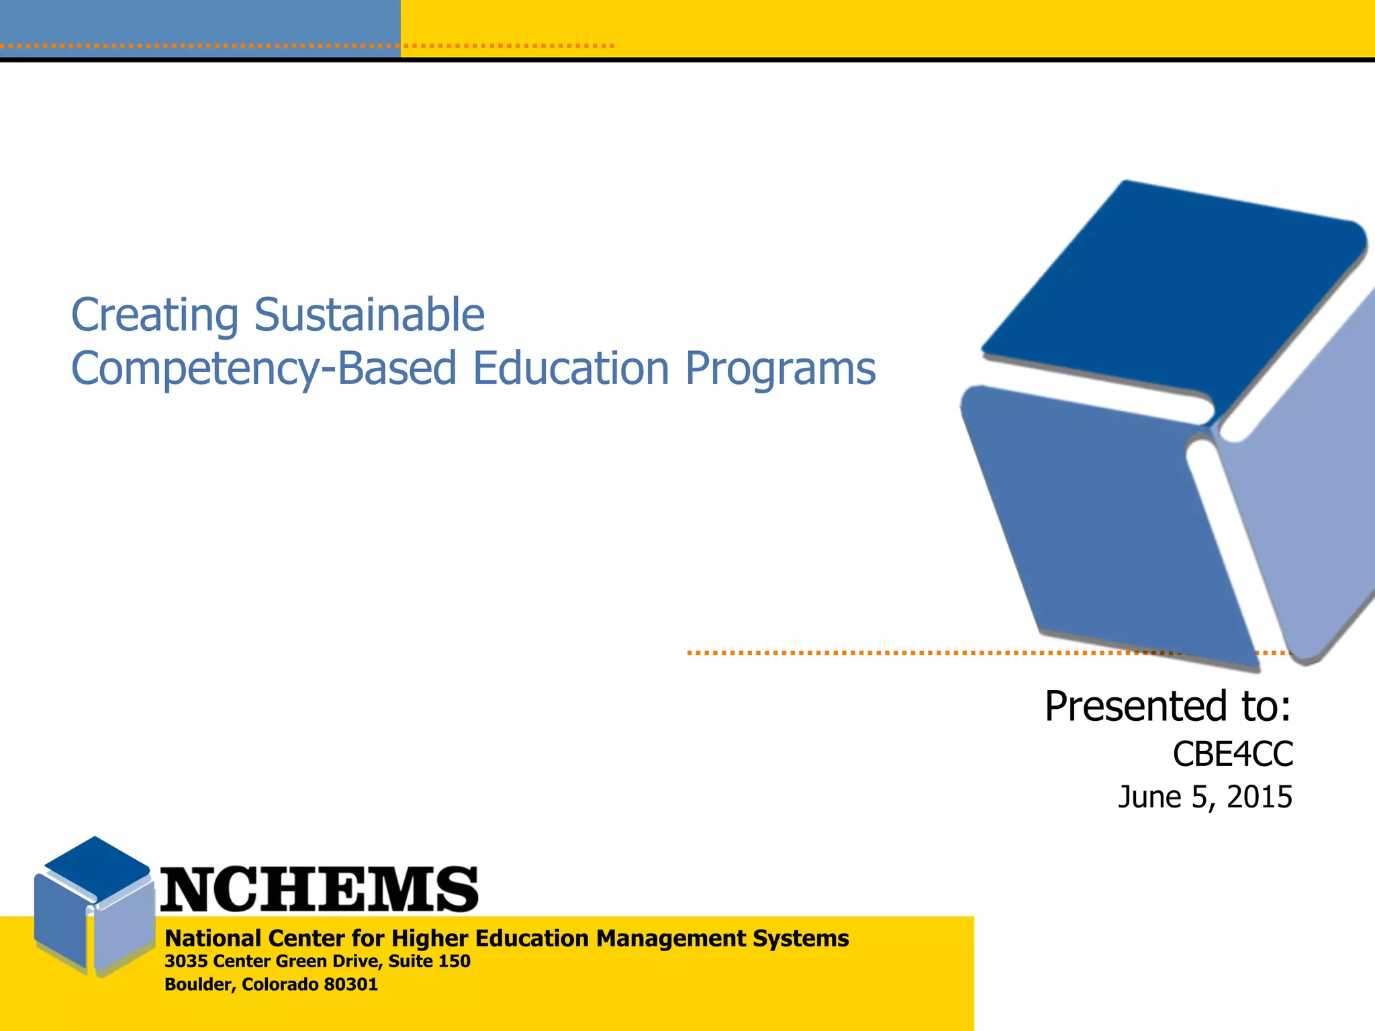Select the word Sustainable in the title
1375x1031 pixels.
coord(369,314)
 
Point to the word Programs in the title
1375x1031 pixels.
coord(780,369)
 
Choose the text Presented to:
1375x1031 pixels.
coord(1168,706)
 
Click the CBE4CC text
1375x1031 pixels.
coord(1233,754)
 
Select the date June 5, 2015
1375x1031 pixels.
coord(1204,797)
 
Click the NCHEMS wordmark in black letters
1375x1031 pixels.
coord(319,889)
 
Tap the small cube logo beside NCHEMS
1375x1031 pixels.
coord(94,906)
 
